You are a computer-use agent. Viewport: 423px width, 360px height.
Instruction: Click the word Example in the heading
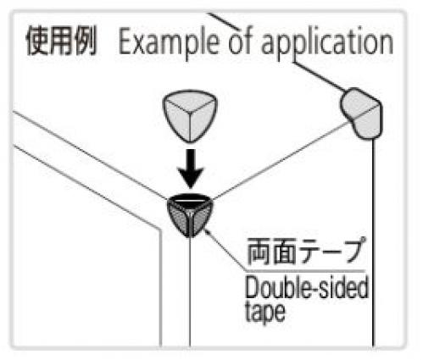pos(169,43)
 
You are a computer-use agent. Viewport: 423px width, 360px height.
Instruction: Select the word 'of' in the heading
pos(240,41)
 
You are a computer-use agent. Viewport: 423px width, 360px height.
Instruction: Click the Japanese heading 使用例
pos(61,42)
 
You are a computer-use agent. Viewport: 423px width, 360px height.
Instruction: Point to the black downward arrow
pos(191,169)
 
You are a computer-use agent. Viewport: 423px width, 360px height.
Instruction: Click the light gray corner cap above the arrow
pos(190,116)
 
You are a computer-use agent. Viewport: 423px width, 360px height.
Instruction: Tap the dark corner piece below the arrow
pos(190,215)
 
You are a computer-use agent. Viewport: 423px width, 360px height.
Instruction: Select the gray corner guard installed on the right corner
pos(361,114)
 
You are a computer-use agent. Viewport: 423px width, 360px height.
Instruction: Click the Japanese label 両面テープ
pos(306,251)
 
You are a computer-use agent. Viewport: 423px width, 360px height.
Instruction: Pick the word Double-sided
pos(307,287)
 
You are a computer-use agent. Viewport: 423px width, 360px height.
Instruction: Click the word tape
pos(265,313)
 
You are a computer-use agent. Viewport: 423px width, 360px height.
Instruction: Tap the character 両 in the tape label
pos(259,251)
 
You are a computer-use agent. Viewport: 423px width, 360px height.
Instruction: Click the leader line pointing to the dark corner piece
pos(225,250)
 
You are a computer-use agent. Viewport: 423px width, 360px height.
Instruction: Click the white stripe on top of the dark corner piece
pos(189,201)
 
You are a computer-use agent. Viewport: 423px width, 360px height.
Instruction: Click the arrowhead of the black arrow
pos(191,178)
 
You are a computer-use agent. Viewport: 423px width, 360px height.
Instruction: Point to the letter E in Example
pos(125,42)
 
